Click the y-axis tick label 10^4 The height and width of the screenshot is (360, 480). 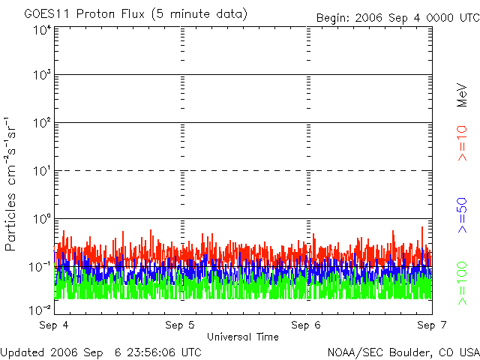[41, 30]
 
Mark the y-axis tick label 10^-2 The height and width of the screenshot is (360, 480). [40, 310]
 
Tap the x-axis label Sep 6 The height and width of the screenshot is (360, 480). [306, 325]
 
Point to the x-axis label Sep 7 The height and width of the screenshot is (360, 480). [431, 325]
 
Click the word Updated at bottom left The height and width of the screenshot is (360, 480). [22, 352]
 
